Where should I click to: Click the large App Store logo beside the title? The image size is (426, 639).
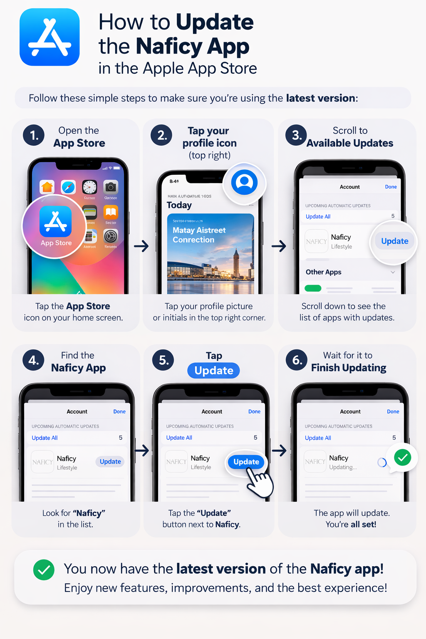(x=50, y=37)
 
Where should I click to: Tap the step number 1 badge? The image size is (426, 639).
(x=34, y=135)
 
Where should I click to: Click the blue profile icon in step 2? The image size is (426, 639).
(x=244, y=182)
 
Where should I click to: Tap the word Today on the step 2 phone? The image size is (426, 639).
(x=179, y=205)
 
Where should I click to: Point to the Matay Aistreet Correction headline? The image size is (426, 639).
(x=199, y=235)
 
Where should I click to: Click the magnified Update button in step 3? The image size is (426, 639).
(x=394, y=241)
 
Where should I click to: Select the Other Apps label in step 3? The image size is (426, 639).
(x=323, y=272)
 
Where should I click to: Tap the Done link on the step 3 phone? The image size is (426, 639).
(x=391, y=187)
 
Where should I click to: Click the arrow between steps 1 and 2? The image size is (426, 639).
(x=141, y=246)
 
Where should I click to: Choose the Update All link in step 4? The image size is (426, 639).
(x=45, y=438)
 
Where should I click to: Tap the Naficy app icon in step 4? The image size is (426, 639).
(x=42, y=462)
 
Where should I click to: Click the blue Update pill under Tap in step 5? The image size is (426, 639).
(x=213, y=370)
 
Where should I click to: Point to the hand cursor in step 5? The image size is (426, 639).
(x=259, y=483)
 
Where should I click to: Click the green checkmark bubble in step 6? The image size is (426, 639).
(x=402, y=458)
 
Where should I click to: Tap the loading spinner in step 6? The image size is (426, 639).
(x=381, y=462)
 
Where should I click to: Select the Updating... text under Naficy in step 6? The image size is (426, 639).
(x=343, y=467)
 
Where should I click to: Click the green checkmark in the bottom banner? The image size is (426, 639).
(x=44, y=570)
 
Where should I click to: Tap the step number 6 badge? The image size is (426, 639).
(x=297, y=360)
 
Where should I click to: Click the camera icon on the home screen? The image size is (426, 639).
(x=110, y=187)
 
